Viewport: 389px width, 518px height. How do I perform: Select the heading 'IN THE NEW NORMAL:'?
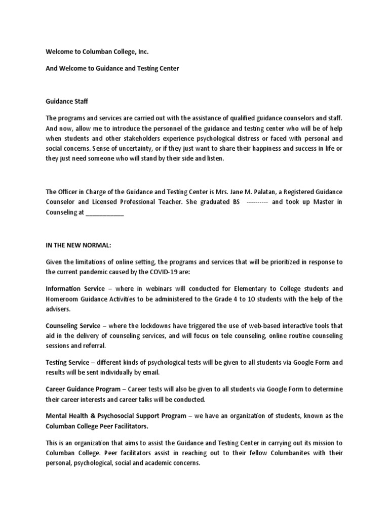click(78, 245)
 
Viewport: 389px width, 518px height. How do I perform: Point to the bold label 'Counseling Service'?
click(73, 326)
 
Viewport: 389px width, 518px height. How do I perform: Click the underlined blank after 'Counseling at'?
click(105, 213)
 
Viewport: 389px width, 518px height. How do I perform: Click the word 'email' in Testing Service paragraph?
click(151, 373)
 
